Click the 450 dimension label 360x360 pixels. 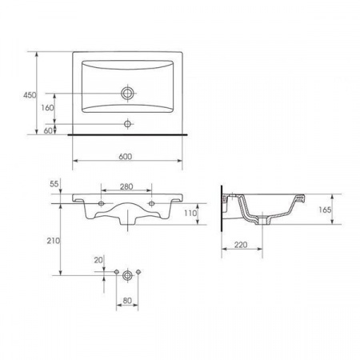click(x=30, y=95)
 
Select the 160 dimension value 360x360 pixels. click(x=47, y=108)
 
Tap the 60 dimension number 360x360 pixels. click(x=48, y=130)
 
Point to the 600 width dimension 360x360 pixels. click(x=126, y=156)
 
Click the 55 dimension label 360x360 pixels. click(x=54, y=184)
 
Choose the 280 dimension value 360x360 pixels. click(x=126, y=186)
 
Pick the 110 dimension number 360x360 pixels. click(x=190, y=213)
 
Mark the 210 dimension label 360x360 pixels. click(x=54, y=241)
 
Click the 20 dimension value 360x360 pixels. click(x=98, y=260)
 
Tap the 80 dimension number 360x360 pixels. click(x=127, y=301)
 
